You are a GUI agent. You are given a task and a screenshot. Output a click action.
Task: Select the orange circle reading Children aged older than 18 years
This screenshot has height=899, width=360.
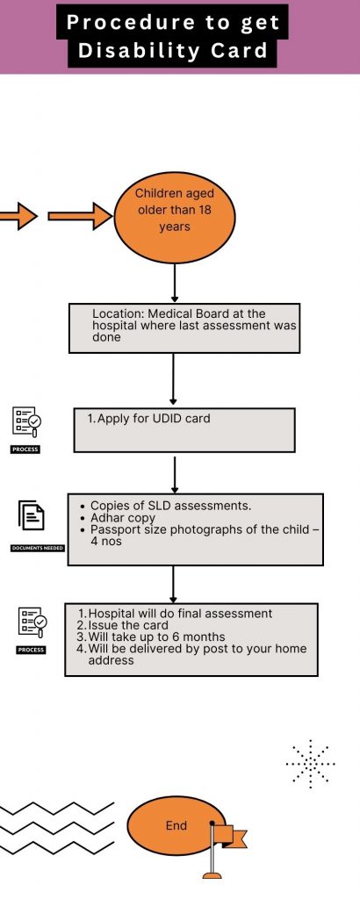coord(174,218)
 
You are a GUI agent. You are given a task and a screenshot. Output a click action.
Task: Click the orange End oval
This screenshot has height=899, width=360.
coord(176,825)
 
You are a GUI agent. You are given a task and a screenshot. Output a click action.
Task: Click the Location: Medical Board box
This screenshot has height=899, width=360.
coord(184,328)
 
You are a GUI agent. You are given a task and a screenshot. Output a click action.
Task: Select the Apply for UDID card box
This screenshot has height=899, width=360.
coord(184,430)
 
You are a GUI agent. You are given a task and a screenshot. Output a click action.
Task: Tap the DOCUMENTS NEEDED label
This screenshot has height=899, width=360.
coord(38,548)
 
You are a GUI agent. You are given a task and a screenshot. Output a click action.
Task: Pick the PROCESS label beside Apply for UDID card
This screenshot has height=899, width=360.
coord(25,449)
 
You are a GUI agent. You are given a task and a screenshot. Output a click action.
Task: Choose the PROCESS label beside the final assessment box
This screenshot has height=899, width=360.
coord(31,651)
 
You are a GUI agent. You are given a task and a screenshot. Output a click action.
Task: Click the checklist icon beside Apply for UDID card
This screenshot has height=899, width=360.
coord(26,421)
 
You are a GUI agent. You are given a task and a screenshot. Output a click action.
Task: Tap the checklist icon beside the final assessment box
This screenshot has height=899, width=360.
coord(32,622)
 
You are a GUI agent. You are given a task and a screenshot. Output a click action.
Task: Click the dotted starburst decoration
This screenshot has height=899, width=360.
coord(310,764)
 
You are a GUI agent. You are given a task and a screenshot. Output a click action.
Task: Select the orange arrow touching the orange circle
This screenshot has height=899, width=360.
coord(80,216)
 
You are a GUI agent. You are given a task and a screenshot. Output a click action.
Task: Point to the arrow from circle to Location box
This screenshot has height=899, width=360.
coord(174,283)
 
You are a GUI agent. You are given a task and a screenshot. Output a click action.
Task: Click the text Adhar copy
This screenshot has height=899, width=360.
coord(123,518)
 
